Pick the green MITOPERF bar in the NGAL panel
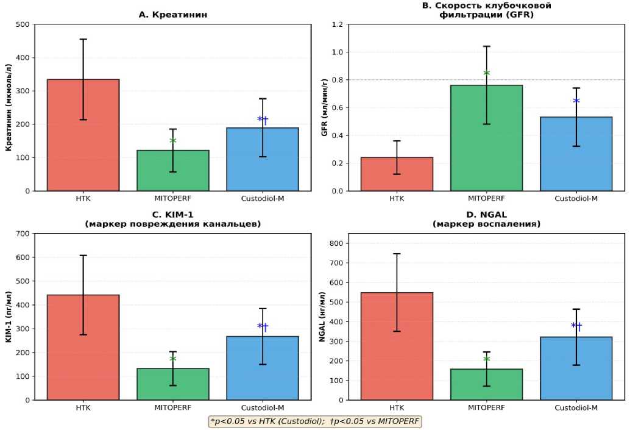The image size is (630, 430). tap(487, 385)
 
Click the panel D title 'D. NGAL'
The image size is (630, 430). tap(487, 215)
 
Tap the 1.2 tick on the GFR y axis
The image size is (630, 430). tap(338, 24)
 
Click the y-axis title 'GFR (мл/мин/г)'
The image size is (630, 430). tap(324, 107)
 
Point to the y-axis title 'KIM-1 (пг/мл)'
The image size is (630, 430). tap(9, 317)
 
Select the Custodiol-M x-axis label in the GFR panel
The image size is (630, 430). tap(576, 198)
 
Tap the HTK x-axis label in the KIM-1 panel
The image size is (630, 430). tap(83, 407)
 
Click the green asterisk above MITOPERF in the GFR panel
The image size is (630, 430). tap(487, 73)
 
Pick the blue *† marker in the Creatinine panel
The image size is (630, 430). tap(263, 120)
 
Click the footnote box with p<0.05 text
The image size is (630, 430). tap(314, 421)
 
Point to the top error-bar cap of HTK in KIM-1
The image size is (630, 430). tap(83, 256)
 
